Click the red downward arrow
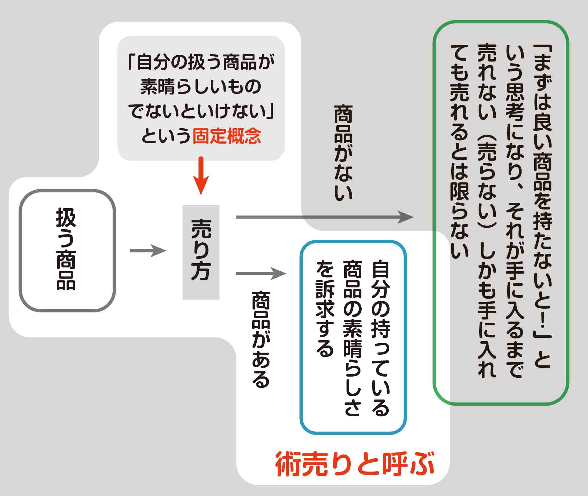tap(201, 176)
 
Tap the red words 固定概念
tap(227, 136)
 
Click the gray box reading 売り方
tap(201, 252)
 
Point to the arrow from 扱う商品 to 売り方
tap(148, 251)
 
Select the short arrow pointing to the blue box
tap(260, 274)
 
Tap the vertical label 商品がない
tap(343, 153)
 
